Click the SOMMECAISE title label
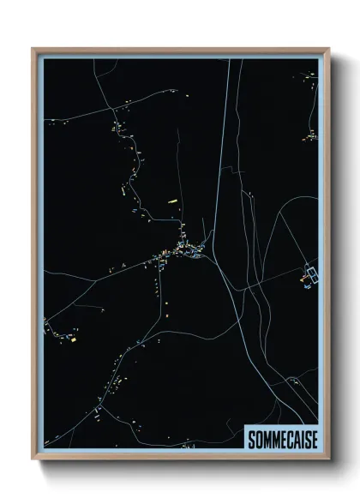[x=281, y=439]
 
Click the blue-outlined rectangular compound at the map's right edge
[x=310, y=274]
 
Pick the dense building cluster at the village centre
[x=184, y=250]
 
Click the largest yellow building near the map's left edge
[x=73, y=339]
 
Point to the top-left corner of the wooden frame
[x=33, y=49]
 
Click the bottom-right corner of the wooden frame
[x=329, y=459]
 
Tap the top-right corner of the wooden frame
[x=329, y=49]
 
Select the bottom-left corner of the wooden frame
[x=33, y=459]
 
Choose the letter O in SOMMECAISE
[x=258, y=439]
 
